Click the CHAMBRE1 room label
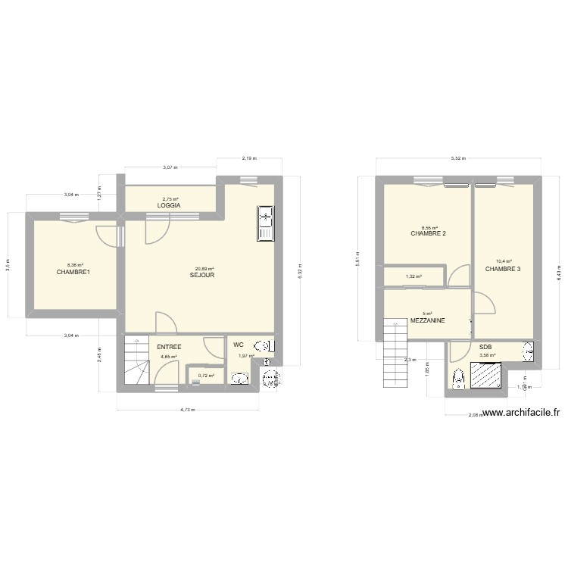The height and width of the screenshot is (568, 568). [x=73, y=272]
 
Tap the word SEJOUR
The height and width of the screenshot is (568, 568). [x=203, y=276]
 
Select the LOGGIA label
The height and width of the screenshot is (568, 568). [x=168, y=206]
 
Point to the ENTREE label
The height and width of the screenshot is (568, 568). [x=169, y=347]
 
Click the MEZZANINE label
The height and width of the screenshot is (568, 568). [x=427, y=321]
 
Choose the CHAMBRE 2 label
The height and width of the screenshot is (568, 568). [x=428, y=233]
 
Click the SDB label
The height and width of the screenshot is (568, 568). [x=485, y=347]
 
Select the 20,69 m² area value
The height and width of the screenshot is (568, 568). [x=204, y=269]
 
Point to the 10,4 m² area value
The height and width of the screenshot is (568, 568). [x=504, y=261]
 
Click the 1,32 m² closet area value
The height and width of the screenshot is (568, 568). [x=414, y=277]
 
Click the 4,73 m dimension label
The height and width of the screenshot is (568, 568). [x=187, y=410]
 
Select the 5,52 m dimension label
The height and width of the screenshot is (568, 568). [x=458, y=159]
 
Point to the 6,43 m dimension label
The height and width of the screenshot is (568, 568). [x=559, y=267]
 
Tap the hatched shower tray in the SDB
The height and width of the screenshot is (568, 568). [x=487, y=374]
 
